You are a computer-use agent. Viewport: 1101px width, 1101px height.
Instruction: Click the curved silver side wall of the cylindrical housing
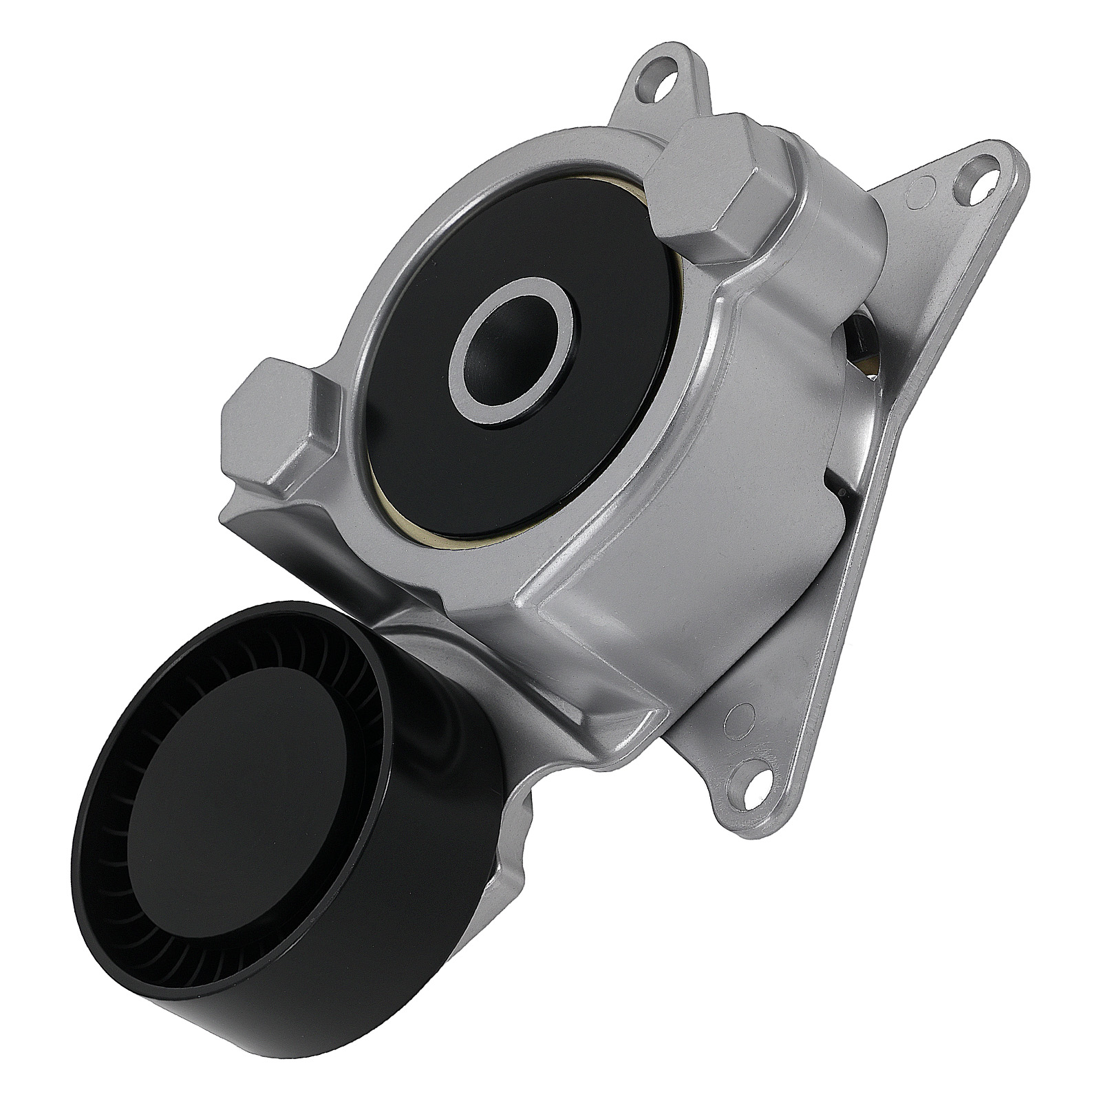pos(743,495)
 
